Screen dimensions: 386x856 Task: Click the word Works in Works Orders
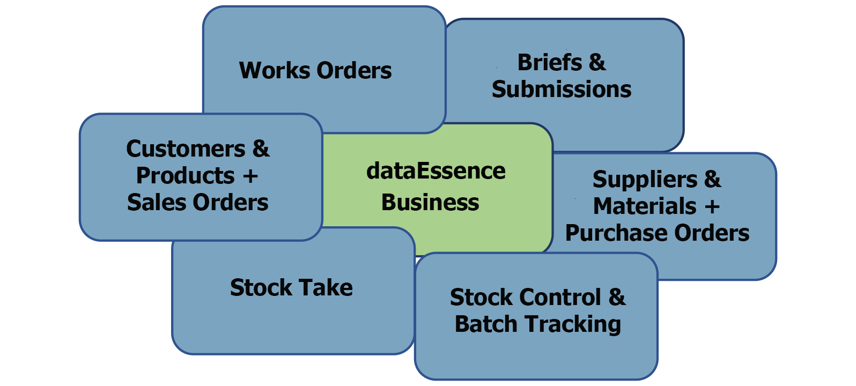[x=274, y=71]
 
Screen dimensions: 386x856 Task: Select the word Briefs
[x=550, y=63]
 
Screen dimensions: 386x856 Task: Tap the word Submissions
[x=562, y=90]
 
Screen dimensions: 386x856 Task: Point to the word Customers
[x=186, y=149]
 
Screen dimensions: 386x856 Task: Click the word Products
[x=186, y=176]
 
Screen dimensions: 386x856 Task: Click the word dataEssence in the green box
[x=436, y=171]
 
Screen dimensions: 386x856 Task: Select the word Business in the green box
[x=430, y=203]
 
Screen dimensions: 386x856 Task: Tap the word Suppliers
[x=645, y=180]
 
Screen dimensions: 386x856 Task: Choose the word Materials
[x=645, y=206]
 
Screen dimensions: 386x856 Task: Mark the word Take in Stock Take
[x=329, y=288]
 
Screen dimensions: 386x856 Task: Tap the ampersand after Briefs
[x=597, y=63]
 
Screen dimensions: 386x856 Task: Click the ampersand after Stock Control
[x=617, y=298]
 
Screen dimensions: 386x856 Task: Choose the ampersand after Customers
[x=261, y=149]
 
